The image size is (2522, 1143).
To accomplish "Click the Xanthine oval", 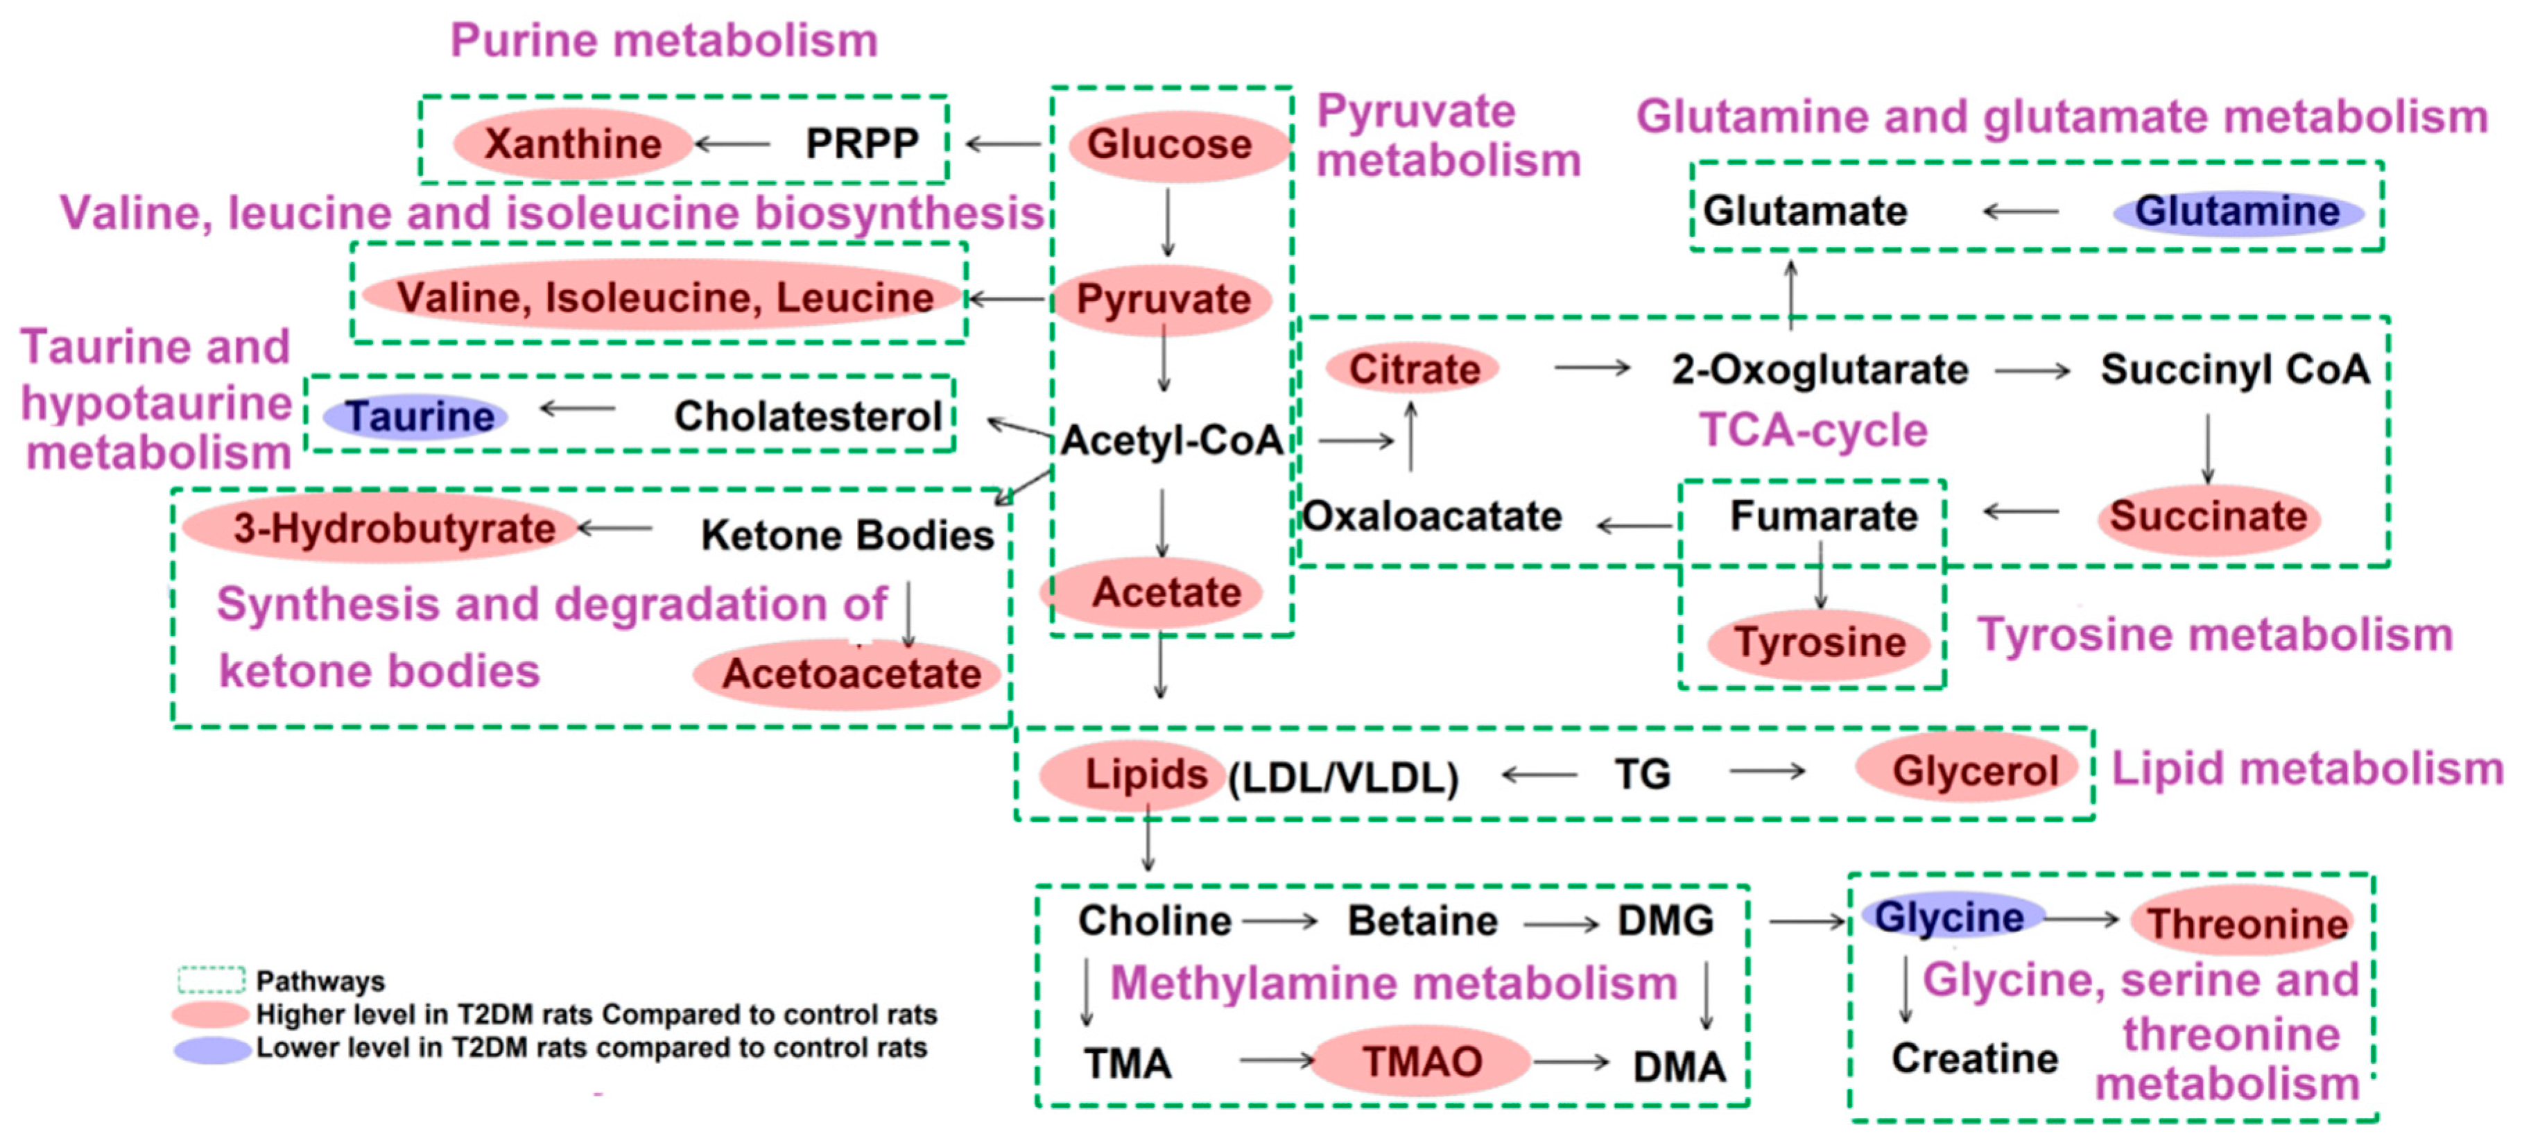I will click(x=573, y=144).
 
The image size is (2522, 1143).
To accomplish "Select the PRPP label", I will click(x=861, y=144).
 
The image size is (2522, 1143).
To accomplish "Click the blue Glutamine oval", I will click(x=2237, y=212).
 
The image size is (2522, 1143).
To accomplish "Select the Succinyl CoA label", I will click(x=2235, y=369).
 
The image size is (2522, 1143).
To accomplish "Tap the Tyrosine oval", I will click(x=1819, y=642).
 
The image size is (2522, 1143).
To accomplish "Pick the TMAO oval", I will click(x=1422, y=1062).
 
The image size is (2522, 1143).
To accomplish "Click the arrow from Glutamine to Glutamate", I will click(x=2021, y=212).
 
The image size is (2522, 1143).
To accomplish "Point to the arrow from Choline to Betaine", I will click(x=1279, y=922).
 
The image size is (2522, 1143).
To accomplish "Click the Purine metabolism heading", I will click(x=663, y=41).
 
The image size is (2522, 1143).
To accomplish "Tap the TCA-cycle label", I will click(x=1812, y=430).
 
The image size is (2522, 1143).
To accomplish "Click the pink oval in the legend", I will click(x=209, y=1014).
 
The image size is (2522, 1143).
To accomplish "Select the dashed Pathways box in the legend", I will click(x=211, y=979).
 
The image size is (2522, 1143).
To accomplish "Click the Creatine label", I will click(x=1973, y=1059).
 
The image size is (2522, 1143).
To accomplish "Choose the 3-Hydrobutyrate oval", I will click(x=382, y=529).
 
